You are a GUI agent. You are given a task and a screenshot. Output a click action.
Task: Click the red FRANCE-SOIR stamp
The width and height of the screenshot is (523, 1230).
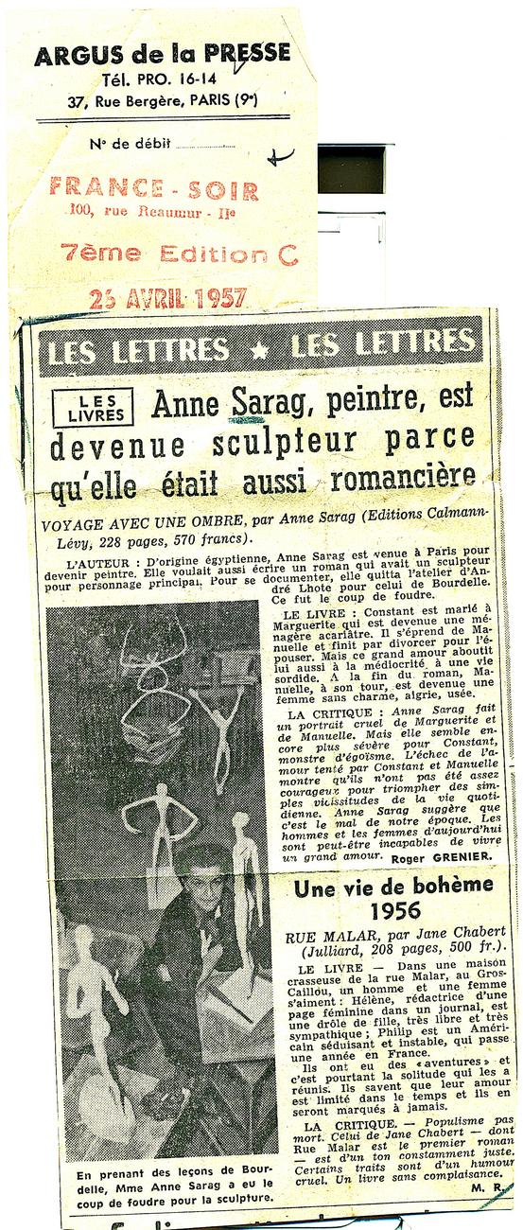(x=154, y=189)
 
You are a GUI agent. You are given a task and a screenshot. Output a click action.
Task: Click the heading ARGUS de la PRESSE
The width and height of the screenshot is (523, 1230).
(x=162, y=55)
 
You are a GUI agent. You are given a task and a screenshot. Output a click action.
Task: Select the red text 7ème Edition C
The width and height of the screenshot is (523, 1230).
(x=179, y=254)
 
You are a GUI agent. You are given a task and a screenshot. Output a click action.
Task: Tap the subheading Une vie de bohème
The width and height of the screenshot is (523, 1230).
(x=393, y=887)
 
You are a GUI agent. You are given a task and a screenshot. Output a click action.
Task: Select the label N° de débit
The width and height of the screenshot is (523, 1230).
(x=130, y=143)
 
